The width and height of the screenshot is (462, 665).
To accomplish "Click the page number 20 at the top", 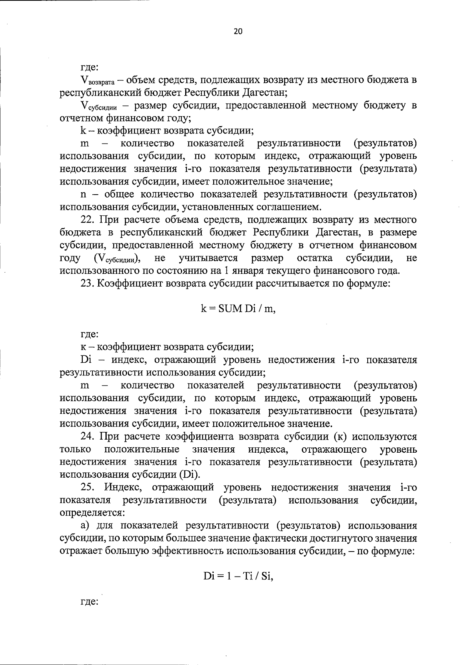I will pos(238,32).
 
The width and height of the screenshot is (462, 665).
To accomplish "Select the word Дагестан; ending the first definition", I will pos(263,93).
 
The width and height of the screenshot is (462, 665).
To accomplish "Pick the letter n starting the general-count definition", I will pos(83,195).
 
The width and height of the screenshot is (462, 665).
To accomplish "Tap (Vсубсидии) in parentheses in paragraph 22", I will pos(118,258).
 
